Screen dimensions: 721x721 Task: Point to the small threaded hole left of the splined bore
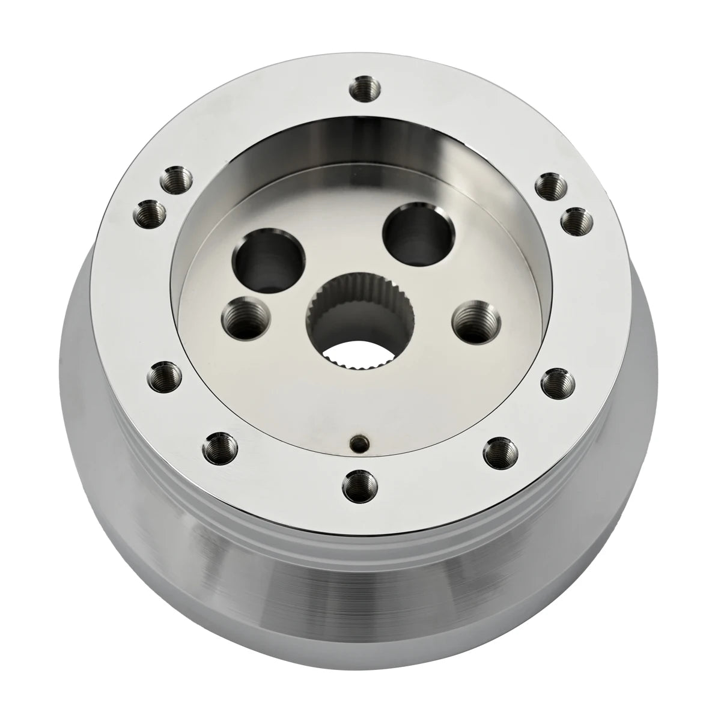(244, 318)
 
